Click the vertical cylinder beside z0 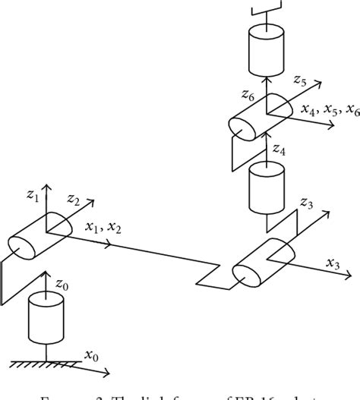(45, 316)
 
